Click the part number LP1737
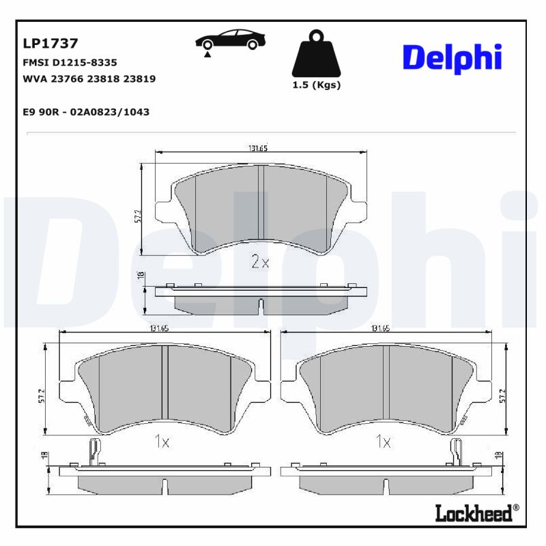click(x=51, y=44)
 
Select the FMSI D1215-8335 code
click(x=70, y=62)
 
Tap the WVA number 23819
click(x=141, y=78)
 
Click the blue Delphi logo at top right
click(x=452, y=59)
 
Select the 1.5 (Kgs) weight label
click(x=316, y=85)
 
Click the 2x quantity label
click(x=260, y=262)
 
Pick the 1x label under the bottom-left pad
click(x=161, y=442)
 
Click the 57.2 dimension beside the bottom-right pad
click(x=503, y=396)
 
